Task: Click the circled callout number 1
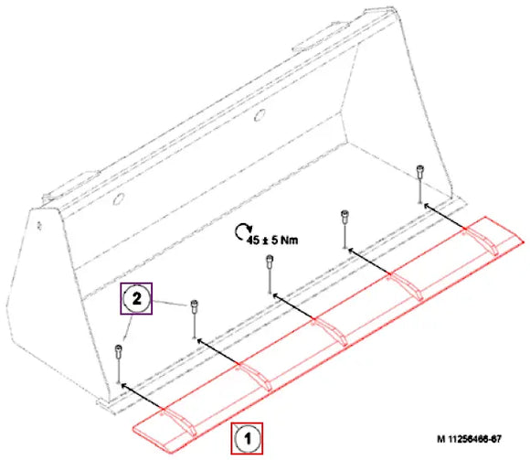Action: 247,439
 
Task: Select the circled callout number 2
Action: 136,299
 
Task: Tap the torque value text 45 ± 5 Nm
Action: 272,241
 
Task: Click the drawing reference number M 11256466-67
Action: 469,439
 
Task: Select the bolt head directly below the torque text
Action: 270,261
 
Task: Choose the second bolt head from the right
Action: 344,216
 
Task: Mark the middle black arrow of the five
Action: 293,306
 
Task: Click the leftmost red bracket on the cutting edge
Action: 179,421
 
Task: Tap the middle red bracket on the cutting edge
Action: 330,331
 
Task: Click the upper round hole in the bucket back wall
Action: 260,115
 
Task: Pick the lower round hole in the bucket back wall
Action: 119,198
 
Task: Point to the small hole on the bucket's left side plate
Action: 39,226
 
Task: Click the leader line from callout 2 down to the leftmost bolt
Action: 127,326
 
